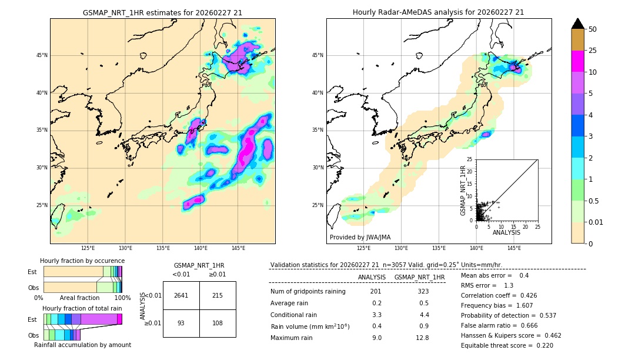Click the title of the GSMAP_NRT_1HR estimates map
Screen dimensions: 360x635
click(162, 12)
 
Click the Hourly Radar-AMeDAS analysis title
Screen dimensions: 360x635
click(439, 12)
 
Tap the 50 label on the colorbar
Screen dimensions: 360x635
click(593, 29)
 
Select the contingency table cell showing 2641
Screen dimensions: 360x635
click(181, 296)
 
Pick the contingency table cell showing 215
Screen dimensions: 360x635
click(218, 296)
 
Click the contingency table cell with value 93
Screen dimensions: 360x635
click(181, 324)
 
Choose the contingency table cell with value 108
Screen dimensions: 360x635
click(218, 324)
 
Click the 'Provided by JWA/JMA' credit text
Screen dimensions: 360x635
click(360, 238)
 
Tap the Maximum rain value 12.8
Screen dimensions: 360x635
click(422, 338)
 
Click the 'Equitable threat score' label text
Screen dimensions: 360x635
click(498, 345)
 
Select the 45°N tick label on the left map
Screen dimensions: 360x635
click(42, 55)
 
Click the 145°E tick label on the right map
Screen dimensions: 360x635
click(514, 248)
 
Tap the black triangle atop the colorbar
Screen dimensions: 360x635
click(578, 24)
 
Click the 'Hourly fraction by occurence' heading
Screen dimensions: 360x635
click(82, 261)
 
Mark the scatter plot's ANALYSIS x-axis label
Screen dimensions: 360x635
click(506, 233)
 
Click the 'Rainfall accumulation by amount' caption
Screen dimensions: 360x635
click(82, 345)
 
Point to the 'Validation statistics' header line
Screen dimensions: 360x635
click(386, 265)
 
